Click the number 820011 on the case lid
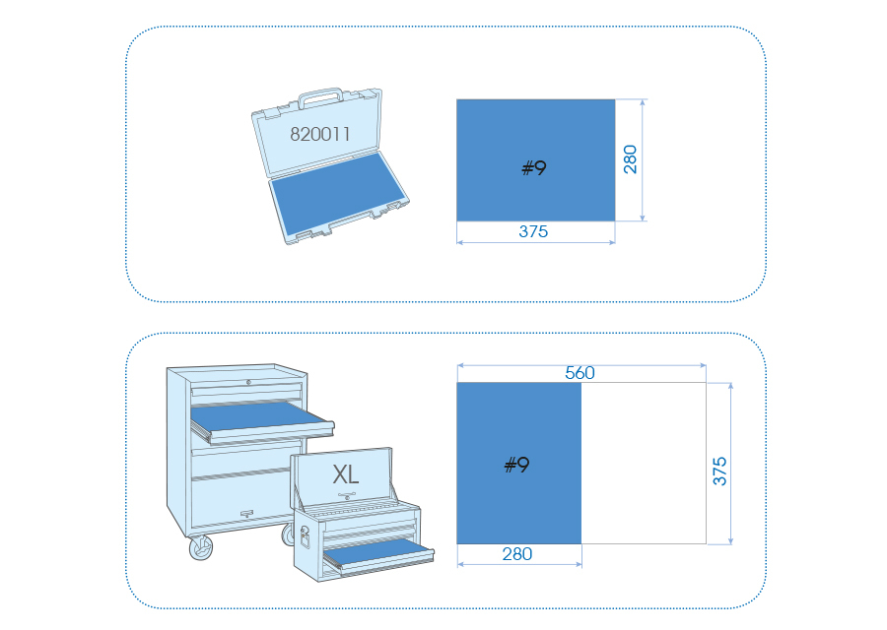coord(319,134)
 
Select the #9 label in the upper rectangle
coord(533,167)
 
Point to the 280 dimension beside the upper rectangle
coord(630,159)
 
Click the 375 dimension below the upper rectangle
coord(533,231)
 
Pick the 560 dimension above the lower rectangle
coord(580,372)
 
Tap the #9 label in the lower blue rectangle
coord(516,465)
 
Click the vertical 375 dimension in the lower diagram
coord(719,472)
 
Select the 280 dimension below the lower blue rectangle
coord(517,554)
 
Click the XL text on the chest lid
coord(346,474)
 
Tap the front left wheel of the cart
coord(201,547)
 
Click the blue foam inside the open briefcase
coord(338,193)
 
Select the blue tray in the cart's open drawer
coord(260,416)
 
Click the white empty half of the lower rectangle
coord(644,464)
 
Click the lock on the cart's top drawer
coord(248,383)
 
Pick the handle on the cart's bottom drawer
coord(246,514)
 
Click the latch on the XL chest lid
coord(346,497)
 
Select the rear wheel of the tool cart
coord(288,535)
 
